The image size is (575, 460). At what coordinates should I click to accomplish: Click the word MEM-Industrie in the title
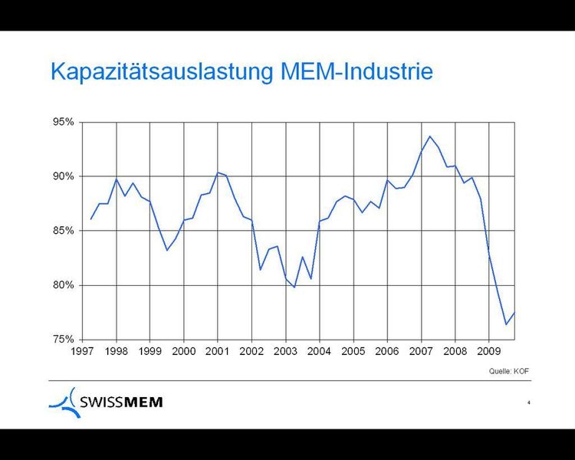click(x=356, y=71)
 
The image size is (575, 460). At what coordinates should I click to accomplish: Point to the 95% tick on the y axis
click(x=64, y=122)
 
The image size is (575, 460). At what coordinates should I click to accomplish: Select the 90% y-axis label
click(x=64, y=176)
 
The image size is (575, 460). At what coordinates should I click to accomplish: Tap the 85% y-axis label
click(x=64, y=231)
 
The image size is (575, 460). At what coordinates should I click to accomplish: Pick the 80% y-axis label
click(x=64, y=285)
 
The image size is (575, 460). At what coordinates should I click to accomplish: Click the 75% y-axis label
click(x=64, y=340)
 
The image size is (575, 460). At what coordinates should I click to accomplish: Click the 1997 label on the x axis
click(x=83, y=351)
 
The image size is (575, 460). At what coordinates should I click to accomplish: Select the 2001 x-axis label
click(x=218, y=351)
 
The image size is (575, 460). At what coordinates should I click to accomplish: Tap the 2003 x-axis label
click(x=285, y=351)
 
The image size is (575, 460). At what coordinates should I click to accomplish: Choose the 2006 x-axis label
click(x=387, y=351)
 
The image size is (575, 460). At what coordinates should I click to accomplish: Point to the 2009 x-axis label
click(x=488, y=351)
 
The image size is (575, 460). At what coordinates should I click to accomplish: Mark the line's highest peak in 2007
click(x=429, y=136)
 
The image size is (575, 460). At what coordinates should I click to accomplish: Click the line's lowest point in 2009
click(x=506, y=324)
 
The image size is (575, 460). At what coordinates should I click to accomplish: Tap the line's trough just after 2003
click(x=294, y=287)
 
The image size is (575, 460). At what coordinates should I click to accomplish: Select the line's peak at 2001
click(x=218, y=172)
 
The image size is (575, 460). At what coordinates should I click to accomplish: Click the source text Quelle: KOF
click(x=509, y=371)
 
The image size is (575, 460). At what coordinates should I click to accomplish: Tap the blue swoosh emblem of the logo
click(x=65, y=402)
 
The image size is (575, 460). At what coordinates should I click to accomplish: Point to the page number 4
click(x=529, y=402)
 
